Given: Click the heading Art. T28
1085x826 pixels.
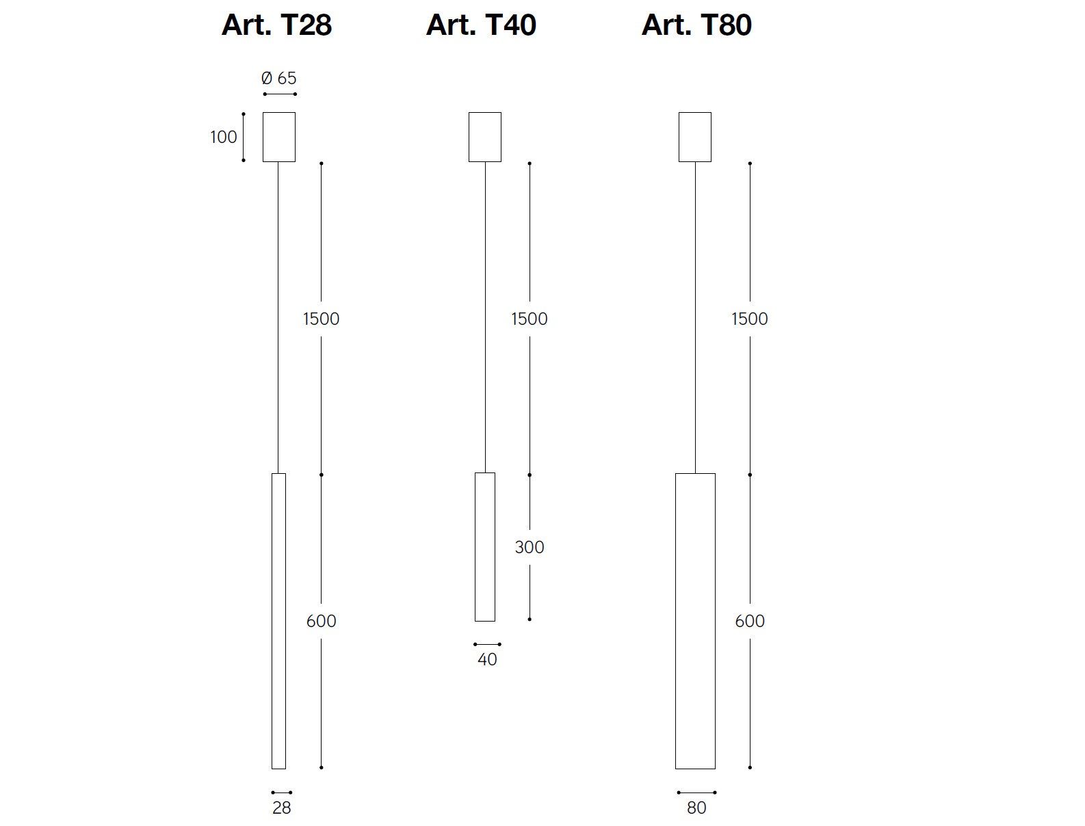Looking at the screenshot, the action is tap(276, 25).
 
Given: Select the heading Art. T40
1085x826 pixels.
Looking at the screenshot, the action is tap(481, 25).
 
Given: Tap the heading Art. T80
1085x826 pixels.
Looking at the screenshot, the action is tap(696, 25).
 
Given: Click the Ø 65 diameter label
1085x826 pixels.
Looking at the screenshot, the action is tap(279, 78).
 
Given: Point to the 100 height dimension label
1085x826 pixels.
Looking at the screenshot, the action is tap(224, 137).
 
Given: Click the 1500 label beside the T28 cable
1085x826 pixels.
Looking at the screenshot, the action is tap(321, 319).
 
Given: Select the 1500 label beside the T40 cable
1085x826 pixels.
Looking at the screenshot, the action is tap(529, 319).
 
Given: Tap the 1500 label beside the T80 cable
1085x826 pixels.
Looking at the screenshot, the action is tap(749, 319).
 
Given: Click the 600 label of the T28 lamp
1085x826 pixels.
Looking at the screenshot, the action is tap(321, 621).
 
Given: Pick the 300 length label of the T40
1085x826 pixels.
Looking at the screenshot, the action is tap(529, 547).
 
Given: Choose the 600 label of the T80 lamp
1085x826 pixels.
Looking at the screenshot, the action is tap(749, 621).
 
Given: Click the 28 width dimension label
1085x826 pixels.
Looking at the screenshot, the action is tap(281, 808).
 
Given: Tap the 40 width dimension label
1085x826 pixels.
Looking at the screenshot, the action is tap(487, 659).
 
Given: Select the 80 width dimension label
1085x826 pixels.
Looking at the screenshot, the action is tap(696, 808).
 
